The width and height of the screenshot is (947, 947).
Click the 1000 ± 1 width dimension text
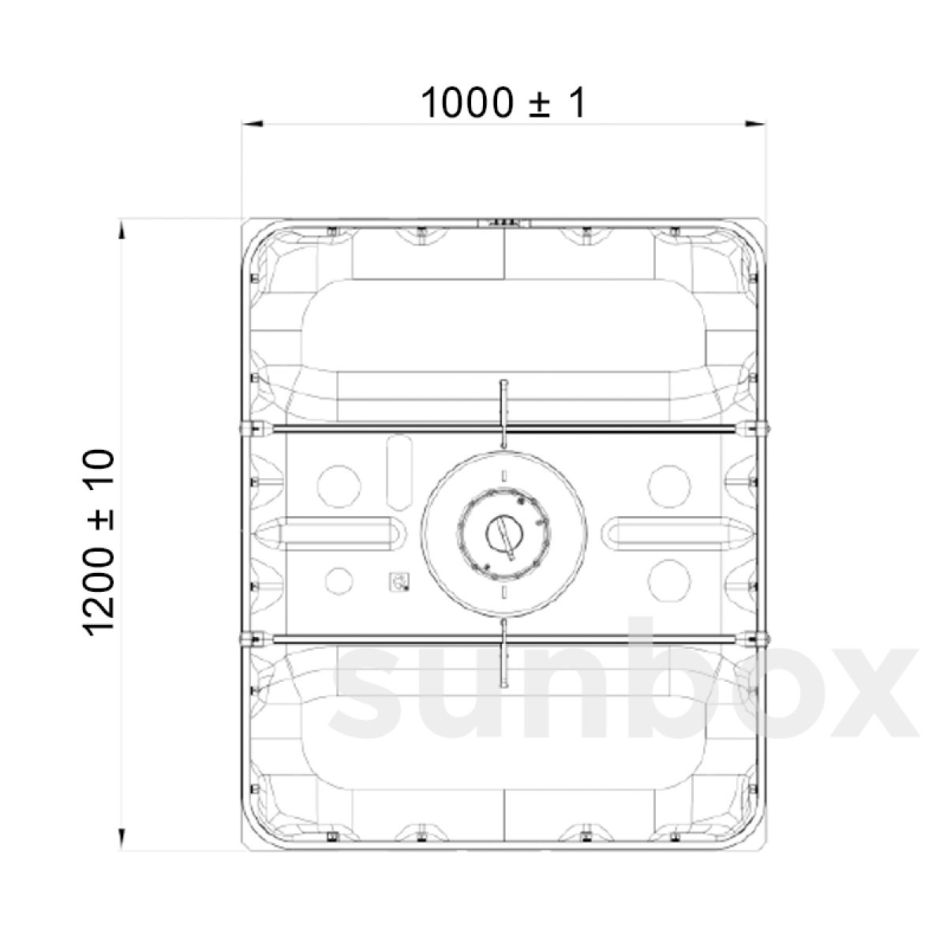click(503, 103)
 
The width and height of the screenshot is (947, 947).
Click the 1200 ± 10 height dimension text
click(99, 541)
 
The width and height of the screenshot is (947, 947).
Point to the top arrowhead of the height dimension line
click(121, 229)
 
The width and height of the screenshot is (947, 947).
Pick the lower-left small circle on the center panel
click(339, 581)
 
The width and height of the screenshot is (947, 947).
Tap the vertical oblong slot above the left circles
click(399, 472)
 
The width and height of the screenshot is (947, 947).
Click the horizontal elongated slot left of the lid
click(338, 533)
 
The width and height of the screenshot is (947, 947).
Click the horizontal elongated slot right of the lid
click(671, 533)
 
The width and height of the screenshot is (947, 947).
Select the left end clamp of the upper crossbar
click(254, 429)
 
